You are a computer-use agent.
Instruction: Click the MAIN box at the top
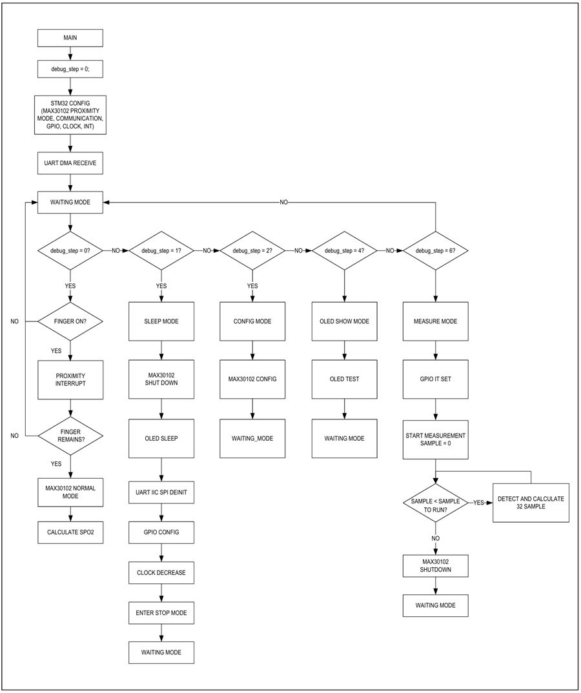coord(70,38)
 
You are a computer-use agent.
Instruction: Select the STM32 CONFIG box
coord(70,115)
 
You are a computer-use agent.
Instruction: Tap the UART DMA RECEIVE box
coord(70,163)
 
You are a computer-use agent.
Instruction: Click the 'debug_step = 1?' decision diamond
coord(161,250)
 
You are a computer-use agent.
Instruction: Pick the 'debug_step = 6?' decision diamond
coord(436,250)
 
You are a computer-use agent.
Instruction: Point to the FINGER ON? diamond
coord(70,321)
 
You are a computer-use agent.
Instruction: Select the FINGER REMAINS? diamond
coord(70,436)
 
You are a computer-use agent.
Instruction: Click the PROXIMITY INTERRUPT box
coord(70,379)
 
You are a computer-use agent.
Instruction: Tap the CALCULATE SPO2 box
coord(70,532)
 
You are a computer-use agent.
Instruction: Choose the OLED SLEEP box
coord(161,438)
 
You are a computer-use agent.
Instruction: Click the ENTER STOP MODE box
coord(161,613)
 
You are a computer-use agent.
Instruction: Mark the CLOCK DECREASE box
coord(161,573)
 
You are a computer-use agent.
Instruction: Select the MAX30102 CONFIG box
coord(252,379)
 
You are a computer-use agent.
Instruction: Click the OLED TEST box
coord(345,379)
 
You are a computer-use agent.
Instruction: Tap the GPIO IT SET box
coord(436,379)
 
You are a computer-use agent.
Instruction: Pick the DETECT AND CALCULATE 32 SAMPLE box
coord(531,503)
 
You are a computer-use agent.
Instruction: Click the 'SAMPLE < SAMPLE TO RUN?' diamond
coord(436,503)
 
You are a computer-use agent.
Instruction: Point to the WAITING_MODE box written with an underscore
coord(252,438)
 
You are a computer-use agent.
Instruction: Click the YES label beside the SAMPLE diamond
coord(479,503)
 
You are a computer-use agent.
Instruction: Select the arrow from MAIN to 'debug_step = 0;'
coord(70,54)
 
